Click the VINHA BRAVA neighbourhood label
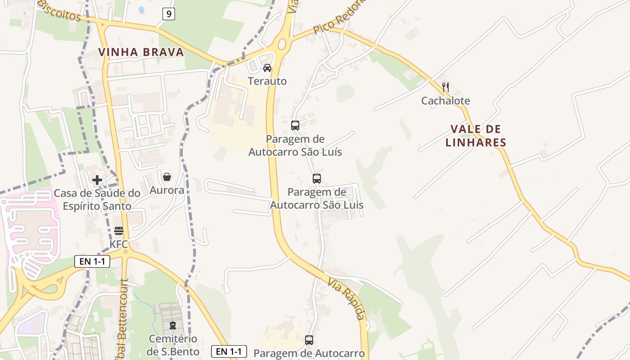coord(141,52)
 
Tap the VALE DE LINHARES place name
coord(476,136)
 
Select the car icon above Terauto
coord(267,68)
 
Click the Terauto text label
coord(267,81)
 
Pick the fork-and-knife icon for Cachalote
coord(445,87)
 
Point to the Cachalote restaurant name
coord(445,101)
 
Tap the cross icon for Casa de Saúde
coord(97,180)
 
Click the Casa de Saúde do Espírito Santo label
coord(97,199)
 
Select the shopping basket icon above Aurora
coord(167,177)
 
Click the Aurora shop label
coord(167,190)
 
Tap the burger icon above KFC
coord(119,231)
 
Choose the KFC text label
coord(119,244)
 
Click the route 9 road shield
coord(169,14)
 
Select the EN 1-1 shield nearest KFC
coord(92,261)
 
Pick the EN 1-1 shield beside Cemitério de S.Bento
coord(229,351)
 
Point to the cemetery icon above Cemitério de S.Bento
coord(172,325)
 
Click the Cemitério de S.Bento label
coord(172,344)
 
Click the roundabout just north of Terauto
coord(282,44)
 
